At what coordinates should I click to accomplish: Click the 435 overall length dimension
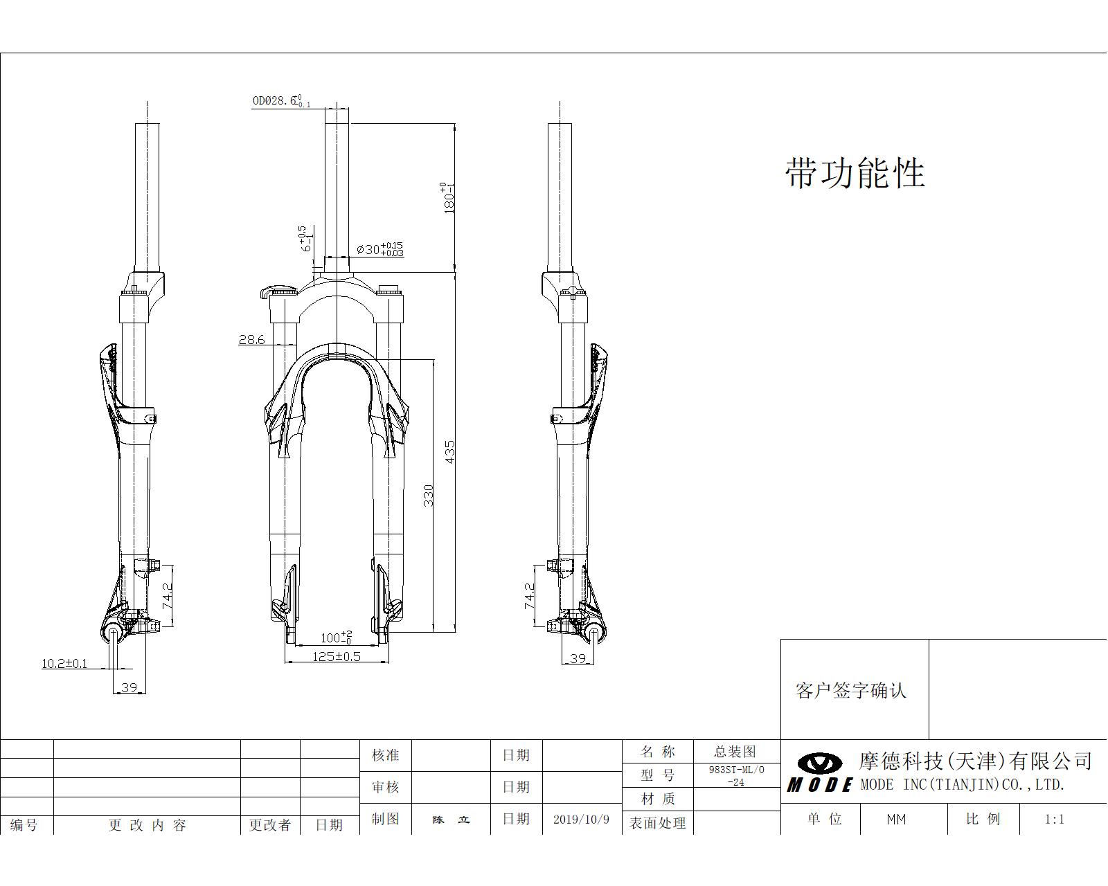450,451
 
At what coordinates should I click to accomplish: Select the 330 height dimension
429,495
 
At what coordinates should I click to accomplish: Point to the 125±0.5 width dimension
337,656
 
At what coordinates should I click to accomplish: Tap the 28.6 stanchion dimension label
251,340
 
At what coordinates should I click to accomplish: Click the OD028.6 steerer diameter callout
280,101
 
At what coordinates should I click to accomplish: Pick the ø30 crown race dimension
379,249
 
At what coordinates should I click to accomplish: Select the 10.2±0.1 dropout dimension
64,663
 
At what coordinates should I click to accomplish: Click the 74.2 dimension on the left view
168,595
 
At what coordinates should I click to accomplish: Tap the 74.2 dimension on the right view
530,595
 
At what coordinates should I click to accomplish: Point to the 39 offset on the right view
578,658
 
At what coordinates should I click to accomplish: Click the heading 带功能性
855,172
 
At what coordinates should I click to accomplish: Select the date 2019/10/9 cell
581,819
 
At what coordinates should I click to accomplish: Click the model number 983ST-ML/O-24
736,776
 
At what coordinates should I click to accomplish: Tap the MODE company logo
820,772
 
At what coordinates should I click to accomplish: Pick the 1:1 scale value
1054,820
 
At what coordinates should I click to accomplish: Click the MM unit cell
896,820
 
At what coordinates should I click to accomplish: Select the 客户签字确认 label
851,690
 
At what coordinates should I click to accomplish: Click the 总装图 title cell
735,752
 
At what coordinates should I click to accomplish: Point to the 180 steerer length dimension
449,197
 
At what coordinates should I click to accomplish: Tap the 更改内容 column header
148,825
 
